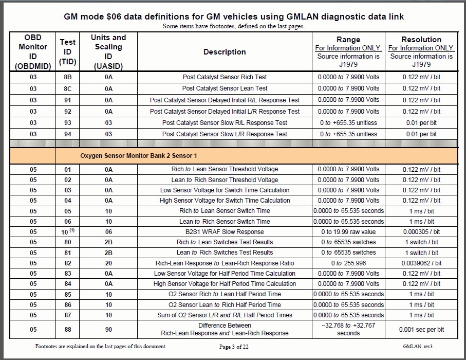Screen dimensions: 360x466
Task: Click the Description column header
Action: click(x=225, y=51)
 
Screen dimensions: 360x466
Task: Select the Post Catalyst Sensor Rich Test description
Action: click(x=225, y=77)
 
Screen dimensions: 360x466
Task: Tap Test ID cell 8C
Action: click(x=67, y=88)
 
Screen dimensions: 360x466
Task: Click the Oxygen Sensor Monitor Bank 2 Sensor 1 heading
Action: click(x=138, y=155)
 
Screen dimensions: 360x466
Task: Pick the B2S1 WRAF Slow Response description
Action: click(x=225, y=232)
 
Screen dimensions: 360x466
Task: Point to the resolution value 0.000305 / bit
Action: click(x=421, y=232)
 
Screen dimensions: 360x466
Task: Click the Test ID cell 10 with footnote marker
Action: click(x=67, y=232)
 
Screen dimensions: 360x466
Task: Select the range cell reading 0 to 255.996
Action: click(x=348, y=263)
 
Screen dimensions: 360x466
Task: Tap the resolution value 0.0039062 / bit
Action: click(x=421, y=263)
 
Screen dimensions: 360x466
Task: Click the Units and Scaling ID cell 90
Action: click(x=108, y=329)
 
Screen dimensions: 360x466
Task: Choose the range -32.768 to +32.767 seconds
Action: click(x=348, y=329)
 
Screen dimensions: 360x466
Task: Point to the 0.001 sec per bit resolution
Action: click(x=421, y=329)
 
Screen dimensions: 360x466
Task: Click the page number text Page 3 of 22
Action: click(x=234, y=347)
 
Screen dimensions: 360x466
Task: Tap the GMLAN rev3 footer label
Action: click(x=418, y=347)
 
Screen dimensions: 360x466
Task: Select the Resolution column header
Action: click(x=421, y=40)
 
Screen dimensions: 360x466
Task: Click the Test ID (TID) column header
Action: click(x=67, y=51)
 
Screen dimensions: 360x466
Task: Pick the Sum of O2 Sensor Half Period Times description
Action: click(x=225, y=315)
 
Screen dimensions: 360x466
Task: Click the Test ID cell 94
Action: click(x=67, y=134)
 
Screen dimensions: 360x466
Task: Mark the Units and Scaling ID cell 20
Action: click(x=108, y=263)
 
